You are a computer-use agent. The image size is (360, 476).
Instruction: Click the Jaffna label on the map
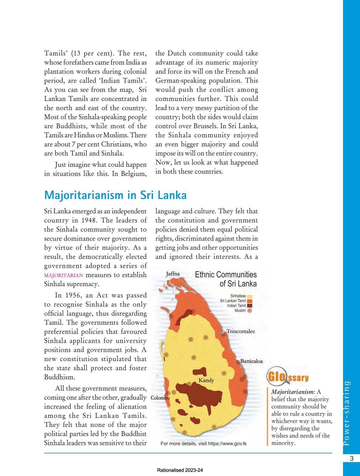point(173,274)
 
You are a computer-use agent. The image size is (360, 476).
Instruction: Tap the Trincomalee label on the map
point(241,331)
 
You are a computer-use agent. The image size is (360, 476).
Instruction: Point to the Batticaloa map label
point(251,361)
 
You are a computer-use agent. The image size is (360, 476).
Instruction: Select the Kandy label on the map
point(206,380)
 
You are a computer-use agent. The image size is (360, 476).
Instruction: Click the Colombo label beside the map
point(160,398)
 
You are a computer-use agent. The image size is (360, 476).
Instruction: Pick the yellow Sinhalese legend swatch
point(249,296)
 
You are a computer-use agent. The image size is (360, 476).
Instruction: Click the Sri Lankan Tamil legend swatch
point(249,301)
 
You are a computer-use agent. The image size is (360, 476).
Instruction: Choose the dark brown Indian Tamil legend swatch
point(249,306)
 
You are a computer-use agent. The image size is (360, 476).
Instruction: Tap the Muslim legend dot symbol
point(249,310)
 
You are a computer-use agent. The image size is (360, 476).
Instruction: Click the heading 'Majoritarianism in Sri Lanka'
point(115,195)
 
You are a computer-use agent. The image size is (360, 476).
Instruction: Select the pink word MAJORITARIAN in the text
point(64,275)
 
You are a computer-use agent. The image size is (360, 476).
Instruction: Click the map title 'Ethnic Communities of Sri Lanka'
point(226,279)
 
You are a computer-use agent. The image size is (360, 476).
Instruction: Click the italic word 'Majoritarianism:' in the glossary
point(293,392)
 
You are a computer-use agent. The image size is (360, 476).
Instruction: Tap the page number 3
point(352,458)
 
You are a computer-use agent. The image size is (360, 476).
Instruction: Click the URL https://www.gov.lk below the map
point(227,444)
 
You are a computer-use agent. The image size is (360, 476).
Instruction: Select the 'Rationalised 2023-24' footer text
point(180,470)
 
